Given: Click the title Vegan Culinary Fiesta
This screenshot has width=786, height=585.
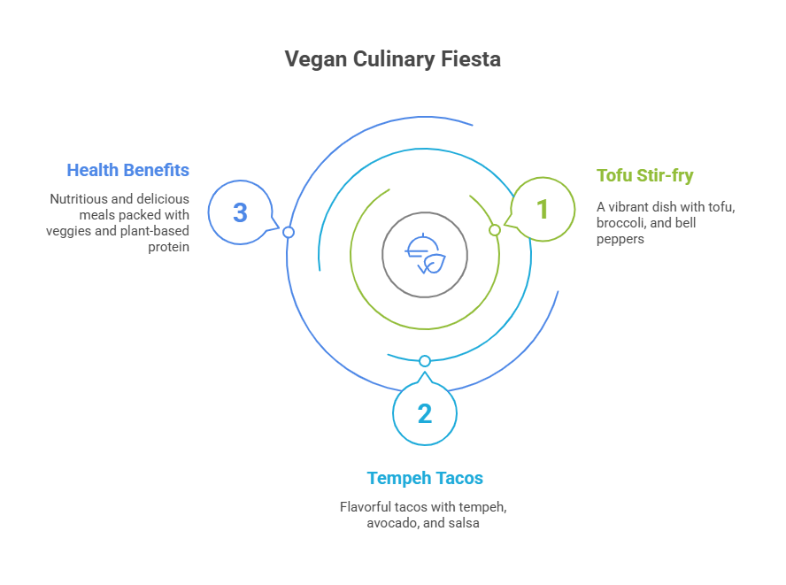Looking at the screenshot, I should pyautogui.click(x=392, y=59).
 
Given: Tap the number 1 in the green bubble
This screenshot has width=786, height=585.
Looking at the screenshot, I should pyautogui.click(x=543, y=210).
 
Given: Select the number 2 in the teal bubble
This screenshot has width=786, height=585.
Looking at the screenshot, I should pyautogui.click(x=425, y=413).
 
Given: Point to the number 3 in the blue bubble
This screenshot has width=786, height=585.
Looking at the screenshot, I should pyautogui.click(x=240, y=212).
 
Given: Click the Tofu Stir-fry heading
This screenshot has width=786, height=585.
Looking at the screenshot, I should pyautogui.click(x=644, y=175).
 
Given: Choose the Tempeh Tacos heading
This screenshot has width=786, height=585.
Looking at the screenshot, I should pyautogui.click(x=425, y=478).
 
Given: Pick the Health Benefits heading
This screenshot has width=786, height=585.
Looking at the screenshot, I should pyautogui.click(x=127, y=169).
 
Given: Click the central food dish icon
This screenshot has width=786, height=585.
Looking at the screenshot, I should pyautogui.click(x=425, y=255).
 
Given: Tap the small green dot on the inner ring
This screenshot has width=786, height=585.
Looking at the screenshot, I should pyautogui.click(x=496, y=230).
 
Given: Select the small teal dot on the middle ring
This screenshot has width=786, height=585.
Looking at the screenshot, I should pyautogui.click(x=425, y=361).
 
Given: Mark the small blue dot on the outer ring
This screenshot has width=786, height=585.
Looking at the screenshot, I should pyautogui.click(x=288, y=232).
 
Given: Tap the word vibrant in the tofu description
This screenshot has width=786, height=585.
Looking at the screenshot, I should pyautogui.click(x=631, y=207).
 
